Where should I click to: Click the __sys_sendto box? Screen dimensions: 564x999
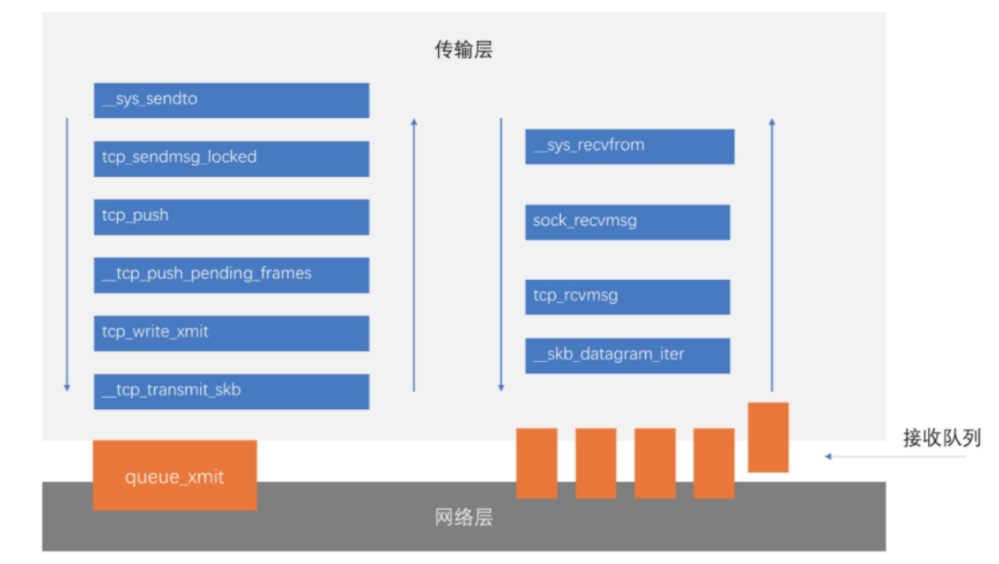[231, 100]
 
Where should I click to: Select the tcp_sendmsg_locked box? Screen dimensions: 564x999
[231, 158]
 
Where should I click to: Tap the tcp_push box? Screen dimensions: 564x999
[231, 217]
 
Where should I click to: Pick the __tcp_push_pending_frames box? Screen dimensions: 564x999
[231, 275]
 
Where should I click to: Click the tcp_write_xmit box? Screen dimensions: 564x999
[231, 333]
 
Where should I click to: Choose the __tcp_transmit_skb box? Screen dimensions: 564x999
[231, 391]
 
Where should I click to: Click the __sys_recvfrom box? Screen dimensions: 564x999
[630, 146]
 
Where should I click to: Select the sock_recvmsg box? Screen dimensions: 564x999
[627, 222]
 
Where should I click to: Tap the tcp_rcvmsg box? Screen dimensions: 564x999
[627, 297]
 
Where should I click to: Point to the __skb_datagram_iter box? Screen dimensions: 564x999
[627, 355]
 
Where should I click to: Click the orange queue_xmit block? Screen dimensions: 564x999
[174, 476]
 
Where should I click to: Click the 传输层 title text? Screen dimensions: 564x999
[464, 50]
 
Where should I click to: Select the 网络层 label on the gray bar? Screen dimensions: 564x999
[464, 518]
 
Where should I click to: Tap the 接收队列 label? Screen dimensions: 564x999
[942, 438]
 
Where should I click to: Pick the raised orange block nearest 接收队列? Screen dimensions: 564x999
[768, 436]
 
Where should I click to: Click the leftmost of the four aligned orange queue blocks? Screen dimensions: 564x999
[536, 463]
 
